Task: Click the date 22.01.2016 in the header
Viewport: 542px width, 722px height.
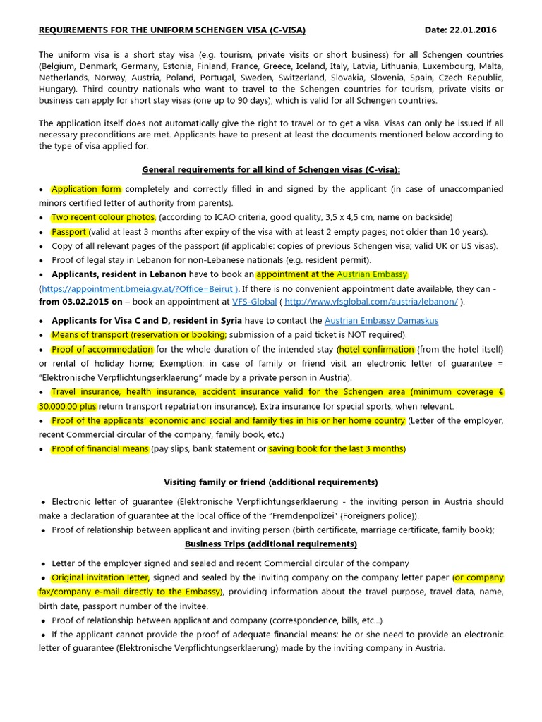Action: (474, 30)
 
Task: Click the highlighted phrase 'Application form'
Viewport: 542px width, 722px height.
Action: (87, 189)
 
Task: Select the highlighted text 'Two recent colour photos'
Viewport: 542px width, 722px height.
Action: (104, 217)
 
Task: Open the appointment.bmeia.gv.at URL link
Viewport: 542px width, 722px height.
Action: (140, 288)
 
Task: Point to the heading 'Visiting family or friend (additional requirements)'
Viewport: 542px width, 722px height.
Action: (271, 482)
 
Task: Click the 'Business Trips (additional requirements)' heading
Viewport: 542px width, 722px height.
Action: (271, 544)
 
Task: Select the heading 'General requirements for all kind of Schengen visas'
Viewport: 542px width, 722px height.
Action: (271, 170)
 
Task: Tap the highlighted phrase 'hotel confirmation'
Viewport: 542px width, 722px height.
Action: (376, 349)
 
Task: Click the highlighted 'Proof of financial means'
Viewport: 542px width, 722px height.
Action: (100, 448)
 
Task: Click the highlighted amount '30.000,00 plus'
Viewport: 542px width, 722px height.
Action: (67, 407)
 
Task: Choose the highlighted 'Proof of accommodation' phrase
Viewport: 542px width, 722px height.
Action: (102, 349)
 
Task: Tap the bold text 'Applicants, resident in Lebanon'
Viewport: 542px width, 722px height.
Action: (119, 274)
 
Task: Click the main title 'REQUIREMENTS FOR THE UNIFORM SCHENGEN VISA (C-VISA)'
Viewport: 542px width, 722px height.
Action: (172, 30)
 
